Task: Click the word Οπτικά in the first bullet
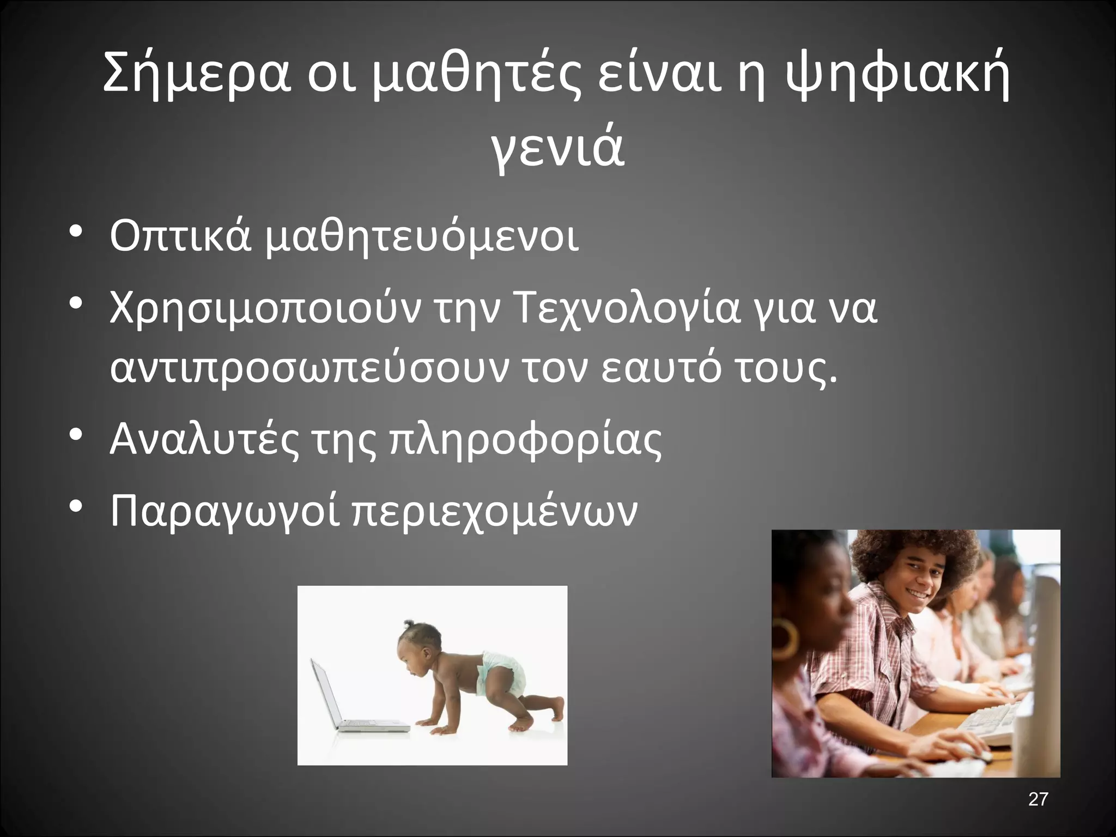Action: click(180, 236)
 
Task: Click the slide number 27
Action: click(1038, 799)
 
